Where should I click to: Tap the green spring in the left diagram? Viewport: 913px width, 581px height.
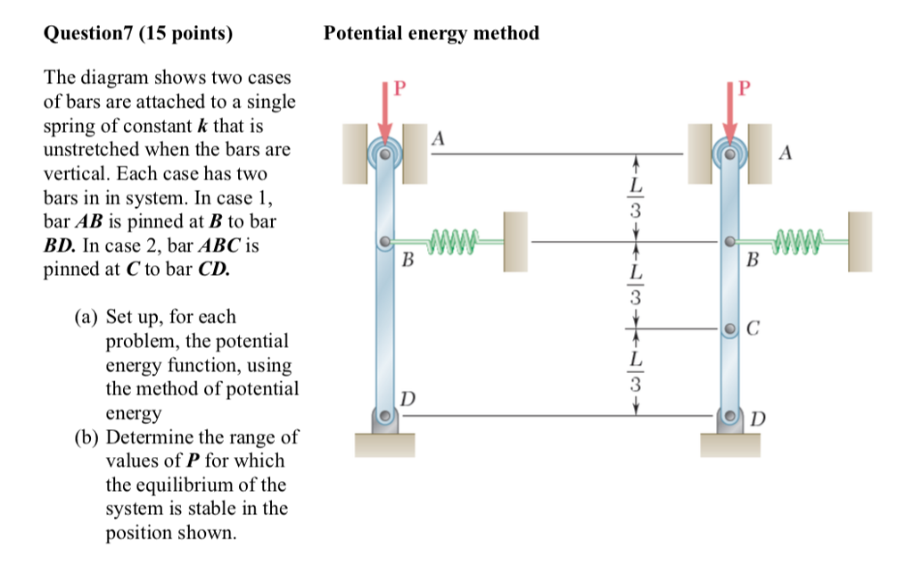[x=455, y=239]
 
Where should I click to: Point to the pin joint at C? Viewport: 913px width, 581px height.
[x=730, y=329]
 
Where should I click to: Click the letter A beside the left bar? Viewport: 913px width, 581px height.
[x=438, y=138]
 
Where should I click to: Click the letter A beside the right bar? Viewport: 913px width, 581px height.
[x=785, y=153]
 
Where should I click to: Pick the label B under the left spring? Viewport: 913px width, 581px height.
[x=407, y=261]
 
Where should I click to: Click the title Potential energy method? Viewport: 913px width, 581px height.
[x=432, y=34]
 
